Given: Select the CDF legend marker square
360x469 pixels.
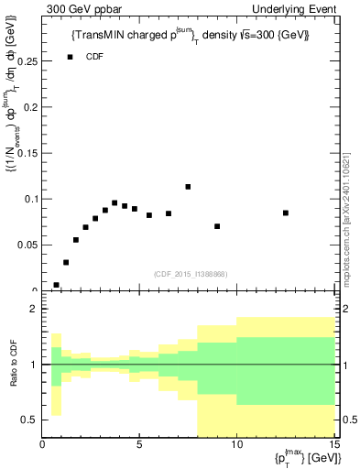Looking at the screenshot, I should (71, 57).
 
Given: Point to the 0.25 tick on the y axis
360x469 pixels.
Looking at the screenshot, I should (27, 61).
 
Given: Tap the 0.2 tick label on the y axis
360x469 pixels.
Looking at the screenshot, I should (30, 107).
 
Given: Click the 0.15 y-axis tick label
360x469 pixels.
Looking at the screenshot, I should (27, 153).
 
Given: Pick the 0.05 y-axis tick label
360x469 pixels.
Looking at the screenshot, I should (27, 245).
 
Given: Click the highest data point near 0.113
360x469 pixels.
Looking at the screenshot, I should (188, 187).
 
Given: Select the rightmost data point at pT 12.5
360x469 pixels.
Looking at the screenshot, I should (286, 213).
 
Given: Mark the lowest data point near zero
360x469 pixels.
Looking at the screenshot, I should (57, 285).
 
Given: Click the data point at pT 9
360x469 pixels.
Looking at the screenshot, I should (217, 226).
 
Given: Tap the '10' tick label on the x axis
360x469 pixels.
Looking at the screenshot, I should (236, 446).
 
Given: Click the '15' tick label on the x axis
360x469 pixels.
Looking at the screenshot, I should (333, 446).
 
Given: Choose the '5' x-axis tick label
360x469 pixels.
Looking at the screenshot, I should (139, 446).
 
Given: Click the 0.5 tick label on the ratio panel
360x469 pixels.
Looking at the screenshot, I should (29, 420).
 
